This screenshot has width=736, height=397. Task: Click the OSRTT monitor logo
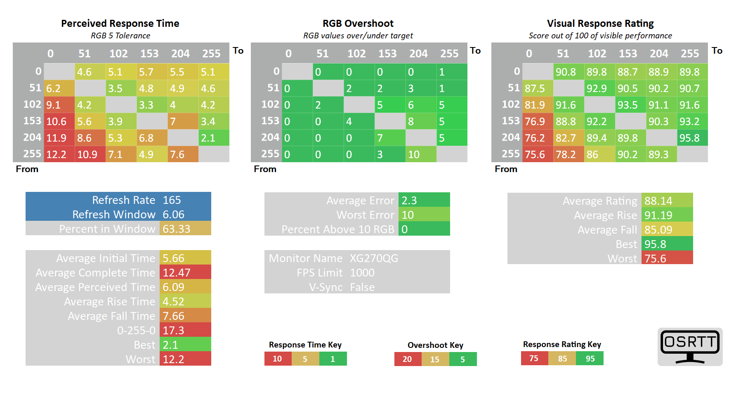690,346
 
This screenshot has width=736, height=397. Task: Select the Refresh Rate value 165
172,200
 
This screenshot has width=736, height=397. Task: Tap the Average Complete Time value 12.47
177,273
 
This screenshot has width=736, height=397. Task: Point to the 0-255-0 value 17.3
173,331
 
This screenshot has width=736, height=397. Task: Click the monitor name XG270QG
374,258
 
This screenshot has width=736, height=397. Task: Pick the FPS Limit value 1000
362,273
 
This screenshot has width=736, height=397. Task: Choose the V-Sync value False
362,287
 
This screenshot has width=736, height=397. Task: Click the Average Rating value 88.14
658,201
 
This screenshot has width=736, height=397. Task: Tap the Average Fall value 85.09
658,230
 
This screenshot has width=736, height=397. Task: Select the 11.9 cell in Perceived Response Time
57,138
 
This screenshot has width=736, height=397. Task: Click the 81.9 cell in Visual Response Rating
535,105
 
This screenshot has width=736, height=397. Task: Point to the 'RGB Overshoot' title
358,24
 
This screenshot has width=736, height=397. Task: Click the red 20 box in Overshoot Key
408,359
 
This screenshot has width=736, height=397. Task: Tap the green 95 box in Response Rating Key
590,359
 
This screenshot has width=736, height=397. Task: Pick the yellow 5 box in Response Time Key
305,359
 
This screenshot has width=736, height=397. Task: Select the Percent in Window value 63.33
176,229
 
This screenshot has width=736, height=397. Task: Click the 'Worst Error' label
365,215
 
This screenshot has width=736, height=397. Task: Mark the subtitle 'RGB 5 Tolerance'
120,35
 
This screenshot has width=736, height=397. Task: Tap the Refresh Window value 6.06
173,215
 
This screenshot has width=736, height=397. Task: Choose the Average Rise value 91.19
658,215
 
